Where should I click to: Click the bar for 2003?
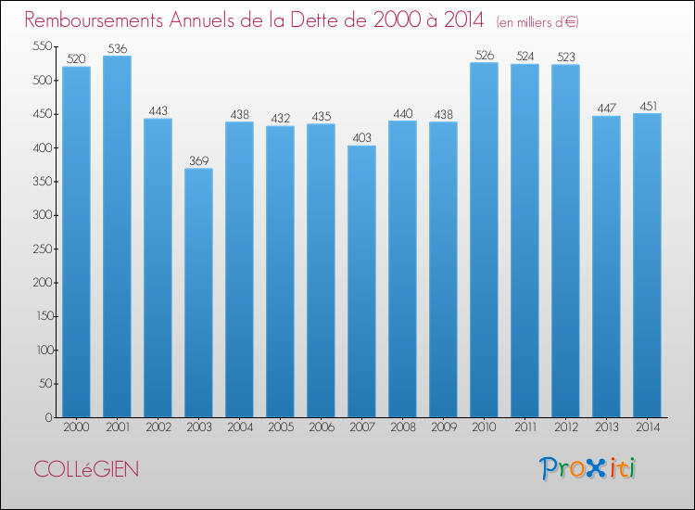click(198, 292)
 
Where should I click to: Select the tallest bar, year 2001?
click(117, 236)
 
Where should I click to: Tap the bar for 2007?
click(361, 281)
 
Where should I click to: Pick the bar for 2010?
click(484, 239)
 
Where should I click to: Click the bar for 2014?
click(647, 265)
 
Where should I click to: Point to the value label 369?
click(198, 161)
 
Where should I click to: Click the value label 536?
click(117, 49)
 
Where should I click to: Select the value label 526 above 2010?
click(484, 56)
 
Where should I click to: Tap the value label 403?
click(361, 138)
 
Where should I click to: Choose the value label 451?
click(647, 106)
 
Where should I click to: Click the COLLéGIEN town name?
click(86, 469)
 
